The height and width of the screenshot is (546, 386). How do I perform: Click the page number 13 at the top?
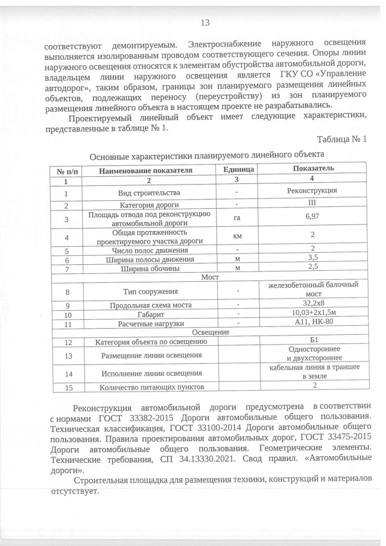[204, 23]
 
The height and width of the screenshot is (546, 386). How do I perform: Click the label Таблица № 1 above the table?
[341, 139]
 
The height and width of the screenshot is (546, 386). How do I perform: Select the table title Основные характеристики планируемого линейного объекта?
[207, 156]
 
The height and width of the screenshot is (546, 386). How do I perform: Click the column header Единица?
[237, 171]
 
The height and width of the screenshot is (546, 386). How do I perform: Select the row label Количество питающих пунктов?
[150, 387]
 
